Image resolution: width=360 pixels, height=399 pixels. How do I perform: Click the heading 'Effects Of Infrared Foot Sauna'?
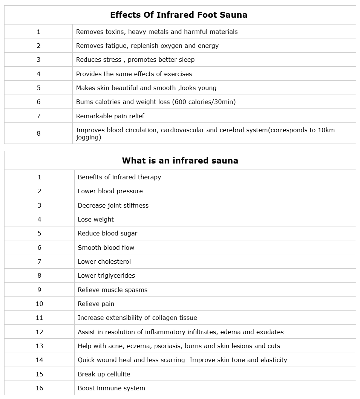click(179, 15)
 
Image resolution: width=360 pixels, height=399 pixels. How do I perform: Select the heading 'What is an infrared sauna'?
click(180, 161)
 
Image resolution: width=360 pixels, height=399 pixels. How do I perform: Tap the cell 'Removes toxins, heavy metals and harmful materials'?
click(157, 32)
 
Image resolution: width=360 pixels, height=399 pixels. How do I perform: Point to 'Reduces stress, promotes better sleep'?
click(135, 60)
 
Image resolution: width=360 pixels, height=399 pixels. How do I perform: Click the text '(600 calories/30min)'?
click(204, 102)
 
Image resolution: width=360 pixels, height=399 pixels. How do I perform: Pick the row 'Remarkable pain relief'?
click(110, 116)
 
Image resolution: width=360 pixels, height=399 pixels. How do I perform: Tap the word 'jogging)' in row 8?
click(89, 138)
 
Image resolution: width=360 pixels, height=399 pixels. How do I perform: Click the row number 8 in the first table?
click(38, 133)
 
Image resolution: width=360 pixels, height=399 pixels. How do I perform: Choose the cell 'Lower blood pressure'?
click(110, 191)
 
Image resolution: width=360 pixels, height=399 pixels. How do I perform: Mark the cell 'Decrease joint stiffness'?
click(113, 205)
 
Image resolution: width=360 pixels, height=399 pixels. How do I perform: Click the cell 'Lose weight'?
click(96, 219)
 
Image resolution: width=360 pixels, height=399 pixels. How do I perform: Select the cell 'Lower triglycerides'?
click(106, 275)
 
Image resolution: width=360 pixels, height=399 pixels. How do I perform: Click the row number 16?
click(39, 388)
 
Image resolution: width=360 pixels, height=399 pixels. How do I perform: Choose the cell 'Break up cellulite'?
click(104, 374)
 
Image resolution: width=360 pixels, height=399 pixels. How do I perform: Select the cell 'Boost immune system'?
click(111, 388)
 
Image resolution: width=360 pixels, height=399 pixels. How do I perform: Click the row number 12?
click(39, 332)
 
